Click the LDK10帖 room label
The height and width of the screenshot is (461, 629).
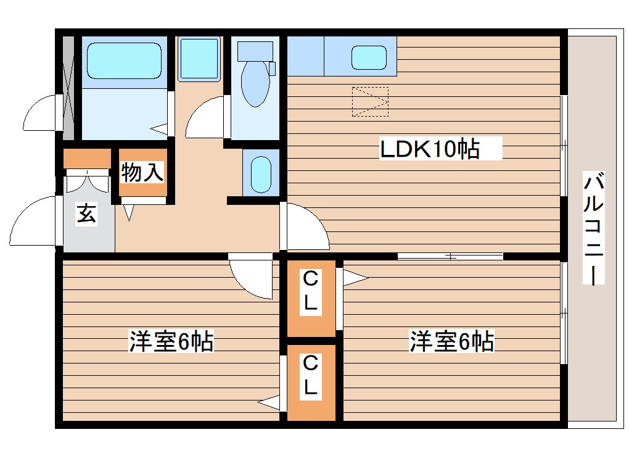click(430, 149)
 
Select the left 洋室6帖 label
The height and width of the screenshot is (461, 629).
click(171, 341)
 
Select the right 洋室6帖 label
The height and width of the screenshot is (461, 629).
click(452, 341)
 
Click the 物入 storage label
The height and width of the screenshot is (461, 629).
click(142, 173)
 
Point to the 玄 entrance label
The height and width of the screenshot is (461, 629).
click(87, 215)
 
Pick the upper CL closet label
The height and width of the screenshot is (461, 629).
click(311, 291)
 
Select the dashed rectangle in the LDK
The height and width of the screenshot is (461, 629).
click(370, 102)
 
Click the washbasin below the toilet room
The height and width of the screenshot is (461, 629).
click(261, 174)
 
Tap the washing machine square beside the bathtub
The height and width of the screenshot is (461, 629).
click(199, 59)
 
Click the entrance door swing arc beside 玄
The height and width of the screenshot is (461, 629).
click(34, 222)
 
